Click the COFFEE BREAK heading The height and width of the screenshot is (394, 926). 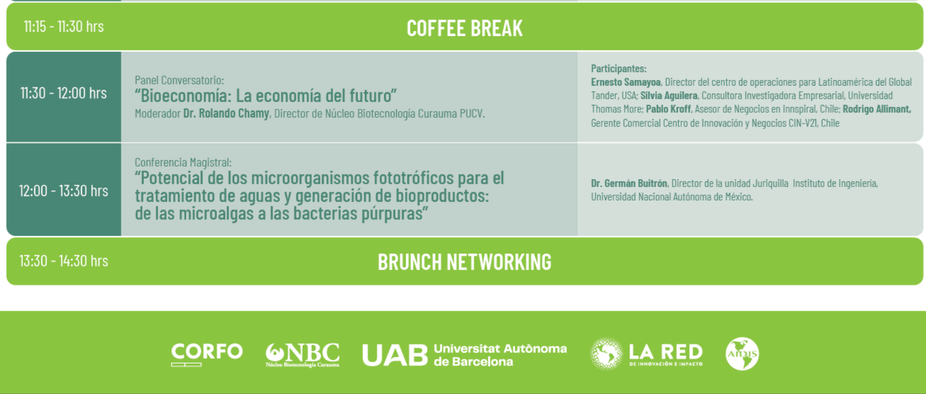[465, 28]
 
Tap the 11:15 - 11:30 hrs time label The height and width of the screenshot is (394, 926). [63, 27]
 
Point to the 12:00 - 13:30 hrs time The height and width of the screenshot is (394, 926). [63, 190]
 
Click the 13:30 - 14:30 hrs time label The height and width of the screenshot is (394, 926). [63, 261]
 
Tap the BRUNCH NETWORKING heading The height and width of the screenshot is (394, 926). [465, 262]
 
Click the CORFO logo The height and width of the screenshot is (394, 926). [207, 354]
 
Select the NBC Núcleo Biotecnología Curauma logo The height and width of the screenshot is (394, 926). [303, 355]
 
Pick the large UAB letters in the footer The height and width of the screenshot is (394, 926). [395, 355]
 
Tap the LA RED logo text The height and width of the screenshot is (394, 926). [665, 354]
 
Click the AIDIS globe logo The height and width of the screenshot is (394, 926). [742, 354]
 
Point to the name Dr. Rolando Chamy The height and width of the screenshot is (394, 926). [226, 113]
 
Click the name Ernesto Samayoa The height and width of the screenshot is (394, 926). [626, 82]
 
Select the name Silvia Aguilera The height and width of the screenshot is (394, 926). [669, 95]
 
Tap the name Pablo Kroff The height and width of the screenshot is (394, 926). [668, 109]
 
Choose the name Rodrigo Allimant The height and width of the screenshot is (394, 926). [877, 109]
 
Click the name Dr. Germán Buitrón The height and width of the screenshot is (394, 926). [629, 183]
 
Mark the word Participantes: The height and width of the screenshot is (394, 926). [618, 69]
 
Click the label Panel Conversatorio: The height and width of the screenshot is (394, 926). [180, 80]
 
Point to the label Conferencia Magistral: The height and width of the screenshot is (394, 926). [183, 162]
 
